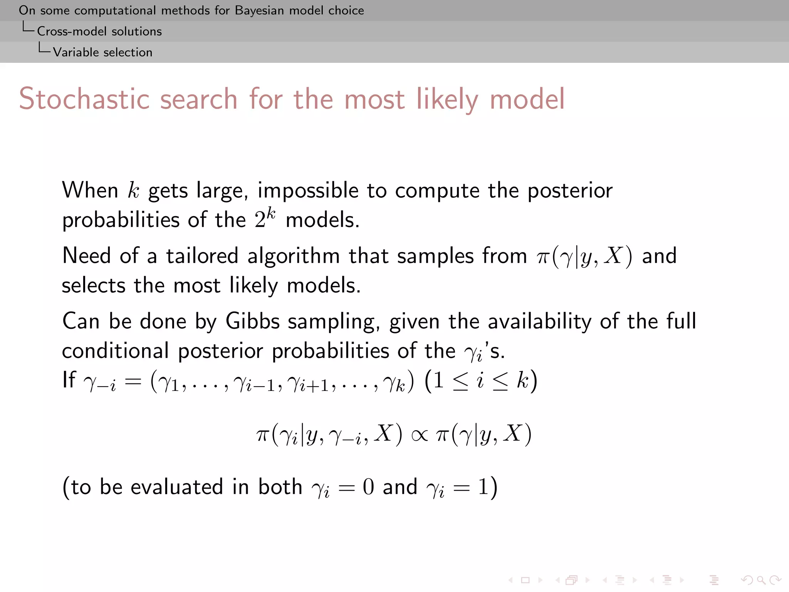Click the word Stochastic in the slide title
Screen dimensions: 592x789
(84, 99)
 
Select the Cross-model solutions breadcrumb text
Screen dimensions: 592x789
(99, 31)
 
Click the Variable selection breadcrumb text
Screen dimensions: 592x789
(102, 52)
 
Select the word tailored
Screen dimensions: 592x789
(202, 256)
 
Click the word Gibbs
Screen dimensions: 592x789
(252, 321)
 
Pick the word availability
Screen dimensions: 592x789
(539, 321)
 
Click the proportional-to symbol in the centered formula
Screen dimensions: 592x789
(419, 435)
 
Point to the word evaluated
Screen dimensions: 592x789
(176, 487)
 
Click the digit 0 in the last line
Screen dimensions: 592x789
(368, 487)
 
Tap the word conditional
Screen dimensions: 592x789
(115, 351)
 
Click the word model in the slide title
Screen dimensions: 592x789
(527, 99)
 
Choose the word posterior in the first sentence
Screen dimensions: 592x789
(570, 191)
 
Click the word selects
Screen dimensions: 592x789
(94, 286)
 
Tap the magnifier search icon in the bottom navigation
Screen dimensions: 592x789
(761, 580)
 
